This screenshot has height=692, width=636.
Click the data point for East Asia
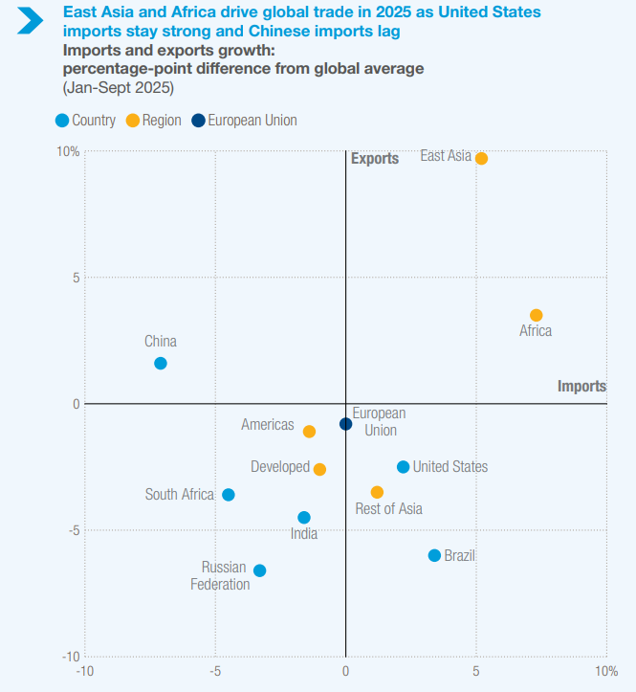(x=481, y=158)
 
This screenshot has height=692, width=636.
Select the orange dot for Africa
(x=536, y=315)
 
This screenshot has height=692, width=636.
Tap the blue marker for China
(x=161, y=363)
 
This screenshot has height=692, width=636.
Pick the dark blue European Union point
(x=345, y=424)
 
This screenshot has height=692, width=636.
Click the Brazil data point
(x=434, y=555)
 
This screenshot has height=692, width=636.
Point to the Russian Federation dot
(x=259, y=570)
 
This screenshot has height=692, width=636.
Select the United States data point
(x=403, y=467)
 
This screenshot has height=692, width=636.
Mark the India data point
(x=304, y=518)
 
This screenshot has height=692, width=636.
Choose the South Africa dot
(x=228, y=495)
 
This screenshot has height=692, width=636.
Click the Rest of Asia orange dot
(x=377, y=492)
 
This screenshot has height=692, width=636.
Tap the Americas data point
(x=309, y=432)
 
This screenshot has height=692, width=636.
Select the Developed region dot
(x=319, y=469)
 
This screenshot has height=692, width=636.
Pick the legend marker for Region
(x=132, y=121)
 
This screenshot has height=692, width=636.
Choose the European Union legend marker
(x=198, y=121)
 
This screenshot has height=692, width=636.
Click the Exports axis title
(x=375, y=159)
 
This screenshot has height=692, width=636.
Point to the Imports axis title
(x=581, y=387)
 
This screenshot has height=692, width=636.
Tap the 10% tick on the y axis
(x=68, y=152)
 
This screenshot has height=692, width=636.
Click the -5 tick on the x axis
(x=215, y=671)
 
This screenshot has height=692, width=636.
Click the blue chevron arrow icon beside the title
(x=30, y=20)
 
